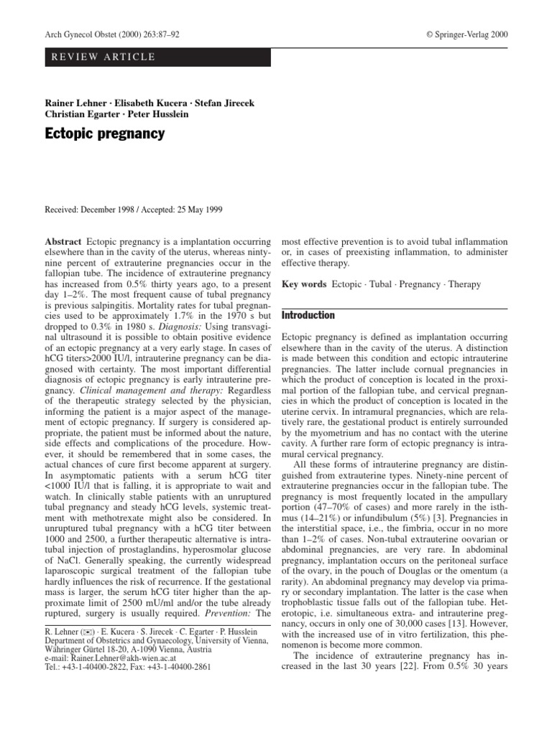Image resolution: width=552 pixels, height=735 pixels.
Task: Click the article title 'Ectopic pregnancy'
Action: pos(105,134)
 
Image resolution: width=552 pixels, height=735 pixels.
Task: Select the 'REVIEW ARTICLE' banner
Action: pos(101,57)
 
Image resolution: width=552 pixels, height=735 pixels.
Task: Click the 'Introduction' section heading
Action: pos(308,314)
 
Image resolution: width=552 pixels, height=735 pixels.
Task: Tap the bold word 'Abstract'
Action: pos(63,243)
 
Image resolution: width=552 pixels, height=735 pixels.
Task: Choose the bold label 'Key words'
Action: pos(303,285)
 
